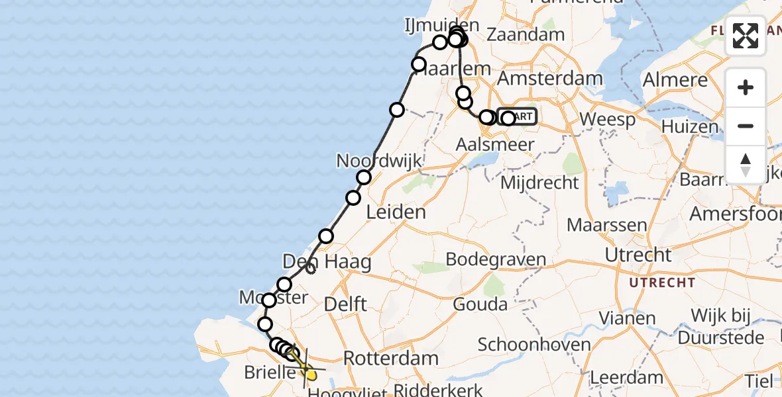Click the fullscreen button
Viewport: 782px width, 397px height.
point(746,36)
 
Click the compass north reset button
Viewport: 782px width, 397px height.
point(746,164)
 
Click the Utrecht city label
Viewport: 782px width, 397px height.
point(638,255)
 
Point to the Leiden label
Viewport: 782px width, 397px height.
point(396,212)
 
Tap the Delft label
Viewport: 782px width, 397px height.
point(346,304)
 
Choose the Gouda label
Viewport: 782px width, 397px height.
point(480,304)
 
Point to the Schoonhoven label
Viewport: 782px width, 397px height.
point(534,345)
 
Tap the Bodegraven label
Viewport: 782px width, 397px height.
point(496,260)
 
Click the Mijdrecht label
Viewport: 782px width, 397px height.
point(540,182)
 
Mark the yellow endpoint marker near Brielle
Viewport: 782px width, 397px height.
point(311,375)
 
